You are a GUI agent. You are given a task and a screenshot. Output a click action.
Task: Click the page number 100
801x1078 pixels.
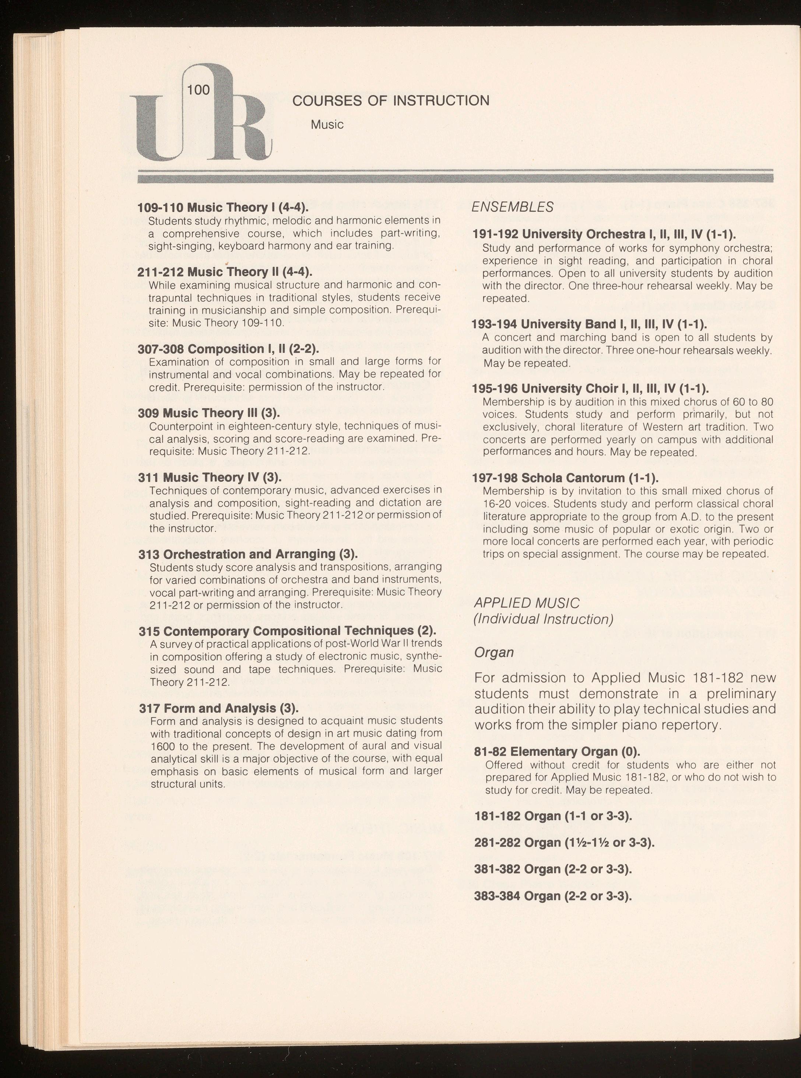pyautogui.click(x=198, y=90)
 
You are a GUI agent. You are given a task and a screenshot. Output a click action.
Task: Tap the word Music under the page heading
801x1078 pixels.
pyautogui.click(x=327, y=125)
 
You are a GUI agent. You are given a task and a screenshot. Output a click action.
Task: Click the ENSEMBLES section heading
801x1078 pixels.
pyautogui.click(x=513, y=207)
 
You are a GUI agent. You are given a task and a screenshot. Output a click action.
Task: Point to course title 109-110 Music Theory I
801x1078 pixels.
pyautogui.click(x=223, y=207)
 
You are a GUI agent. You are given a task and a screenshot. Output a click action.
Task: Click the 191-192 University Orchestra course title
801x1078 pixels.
pyautogui.click(x=604, y=234)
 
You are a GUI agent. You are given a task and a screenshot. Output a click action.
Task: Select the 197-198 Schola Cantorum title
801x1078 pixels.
pyautogui.click(x=565, y=478)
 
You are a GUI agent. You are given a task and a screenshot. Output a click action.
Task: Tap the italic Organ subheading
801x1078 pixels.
pyautogui.click(x=493, y=653)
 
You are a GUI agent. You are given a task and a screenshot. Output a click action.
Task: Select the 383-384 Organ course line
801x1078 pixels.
pyautogui.click(x=553, y=896)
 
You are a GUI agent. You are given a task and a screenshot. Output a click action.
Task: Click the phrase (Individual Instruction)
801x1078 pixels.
pyautogui.click(x=544, y=620)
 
